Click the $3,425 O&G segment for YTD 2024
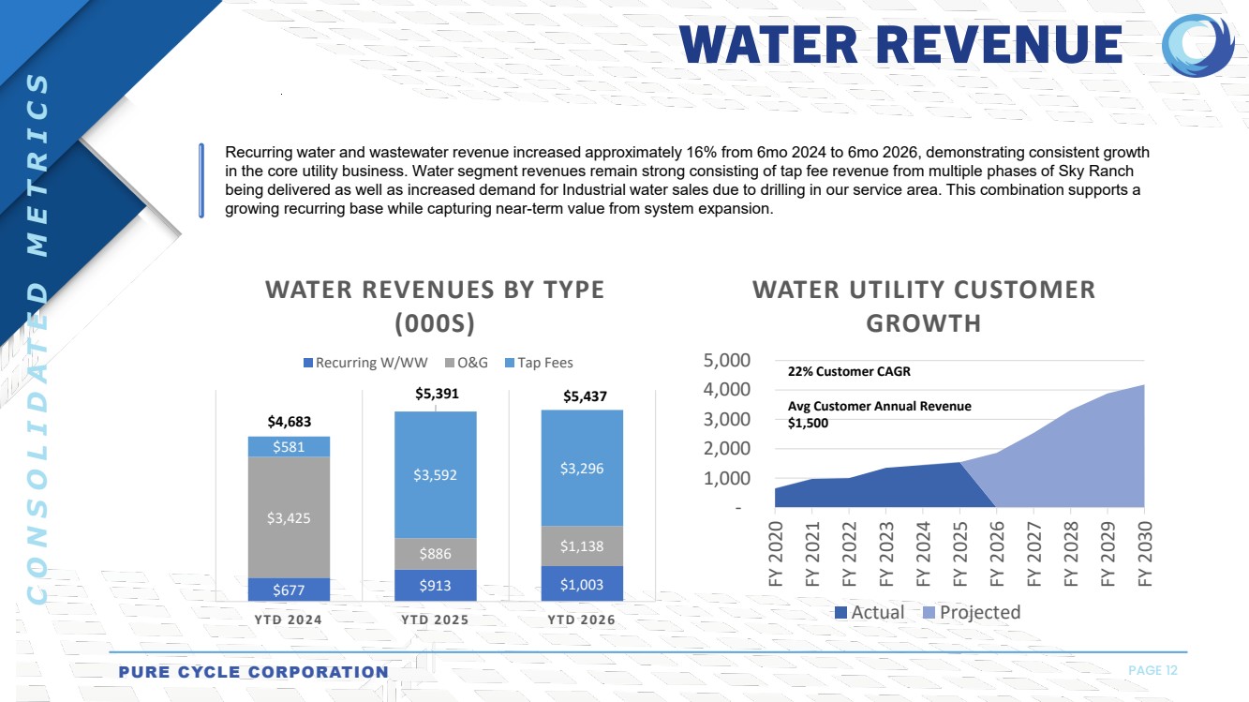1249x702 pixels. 289,516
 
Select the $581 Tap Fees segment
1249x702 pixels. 289,447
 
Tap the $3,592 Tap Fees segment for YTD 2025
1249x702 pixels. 436,475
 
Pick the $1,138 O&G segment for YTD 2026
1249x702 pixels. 582,546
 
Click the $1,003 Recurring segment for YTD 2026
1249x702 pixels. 582,584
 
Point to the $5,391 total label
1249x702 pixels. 437,395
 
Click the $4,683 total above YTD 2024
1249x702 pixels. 290,422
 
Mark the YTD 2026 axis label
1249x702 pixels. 582,620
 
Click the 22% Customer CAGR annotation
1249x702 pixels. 849,371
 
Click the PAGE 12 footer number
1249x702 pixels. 1152,670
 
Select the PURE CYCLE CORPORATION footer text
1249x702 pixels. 253,672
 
